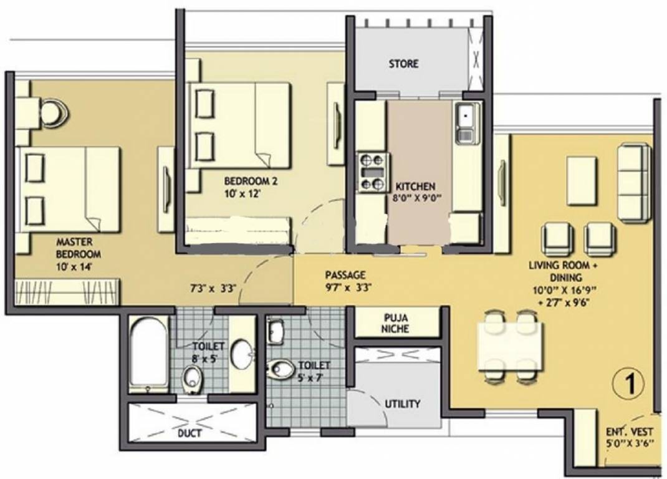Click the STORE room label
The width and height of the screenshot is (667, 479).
403,64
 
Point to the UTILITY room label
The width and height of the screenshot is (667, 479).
402,404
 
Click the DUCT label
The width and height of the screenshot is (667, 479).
189,433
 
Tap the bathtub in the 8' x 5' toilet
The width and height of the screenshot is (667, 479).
148,354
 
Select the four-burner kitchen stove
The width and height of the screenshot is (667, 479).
372,172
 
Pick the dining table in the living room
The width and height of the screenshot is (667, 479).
510,345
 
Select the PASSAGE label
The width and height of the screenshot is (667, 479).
345,275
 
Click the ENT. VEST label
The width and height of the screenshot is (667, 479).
629,431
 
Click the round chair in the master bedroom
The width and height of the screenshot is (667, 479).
52,112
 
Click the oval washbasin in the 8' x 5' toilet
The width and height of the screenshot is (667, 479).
242,354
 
